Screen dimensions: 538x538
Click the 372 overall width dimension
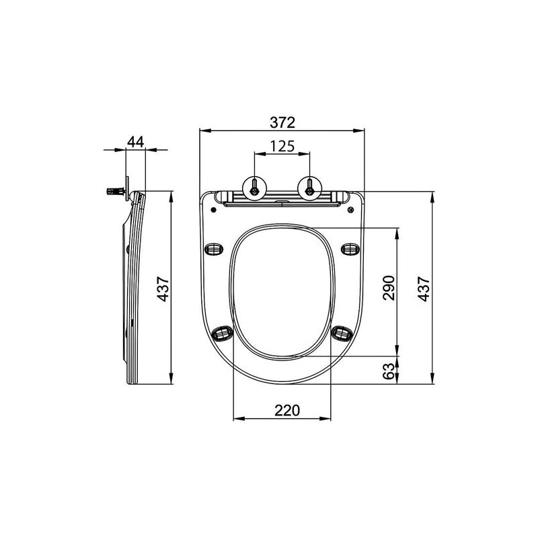click(283, 122)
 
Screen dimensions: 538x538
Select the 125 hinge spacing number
click(282, 146)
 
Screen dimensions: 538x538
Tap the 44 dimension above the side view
click(135, 141)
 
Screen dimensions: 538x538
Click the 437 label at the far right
click(424, 289)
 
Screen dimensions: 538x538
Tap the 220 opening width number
click(282, 410)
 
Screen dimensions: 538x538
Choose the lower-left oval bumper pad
click(223, 332)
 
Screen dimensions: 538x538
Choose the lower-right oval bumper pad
click(342, 332)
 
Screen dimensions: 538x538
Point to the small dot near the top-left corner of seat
click(213, 210)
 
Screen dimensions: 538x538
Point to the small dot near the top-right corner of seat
click(352, 210)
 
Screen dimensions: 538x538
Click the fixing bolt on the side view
click(116, 191)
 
